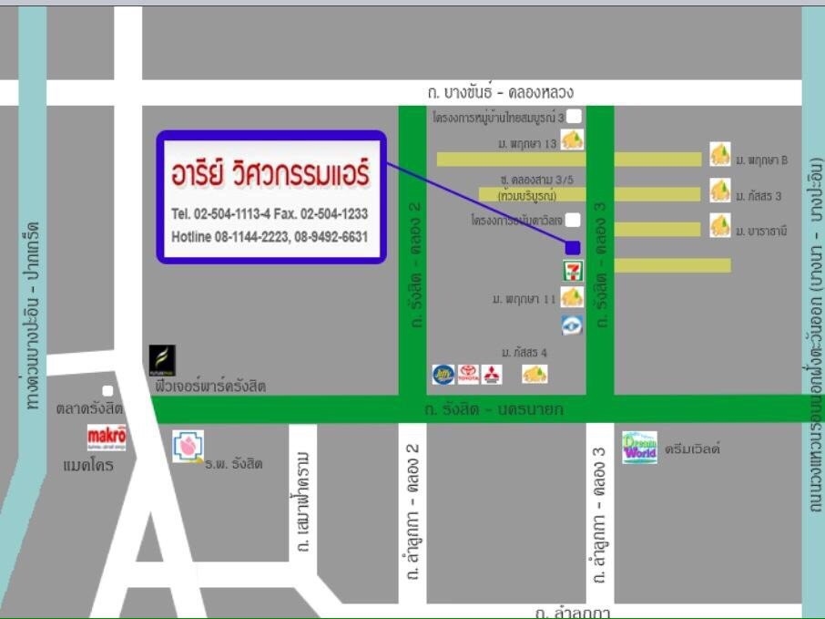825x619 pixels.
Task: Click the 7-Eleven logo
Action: tap(572, 270)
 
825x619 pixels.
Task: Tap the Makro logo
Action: tap(107, 438)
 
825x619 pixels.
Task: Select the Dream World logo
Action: tap(639, 448)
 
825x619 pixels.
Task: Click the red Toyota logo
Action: tap(468, 374)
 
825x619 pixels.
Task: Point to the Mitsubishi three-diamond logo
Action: tap(492, 374)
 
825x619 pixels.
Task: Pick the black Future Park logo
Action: tap(162, 361)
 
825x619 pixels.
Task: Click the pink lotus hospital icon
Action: tap(188, 446)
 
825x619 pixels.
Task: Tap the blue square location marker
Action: tap(573, 247)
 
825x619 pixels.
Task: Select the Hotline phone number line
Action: tap(270, 237)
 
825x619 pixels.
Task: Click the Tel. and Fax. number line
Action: tap(270, 213)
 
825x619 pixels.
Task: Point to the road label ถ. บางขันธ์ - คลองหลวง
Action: tap(500, 92)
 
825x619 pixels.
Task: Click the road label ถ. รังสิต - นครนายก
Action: tap(494, 409)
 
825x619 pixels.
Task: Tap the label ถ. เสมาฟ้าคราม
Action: tap(304, 500)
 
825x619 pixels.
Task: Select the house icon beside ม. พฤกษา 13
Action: tap(572, 140)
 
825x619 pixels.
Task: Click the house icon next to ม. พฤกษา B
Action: tap(720, 154)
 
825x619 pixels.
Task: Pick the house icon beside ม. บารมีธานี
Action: tap(720, 225)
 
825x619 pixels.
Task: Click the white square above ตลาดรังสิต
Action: tap(107, 391)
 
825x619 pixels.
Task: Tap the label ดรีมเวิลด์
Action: tap(692, 449)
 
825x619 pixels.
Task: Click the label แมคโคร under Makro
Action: tap(88, 465)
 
